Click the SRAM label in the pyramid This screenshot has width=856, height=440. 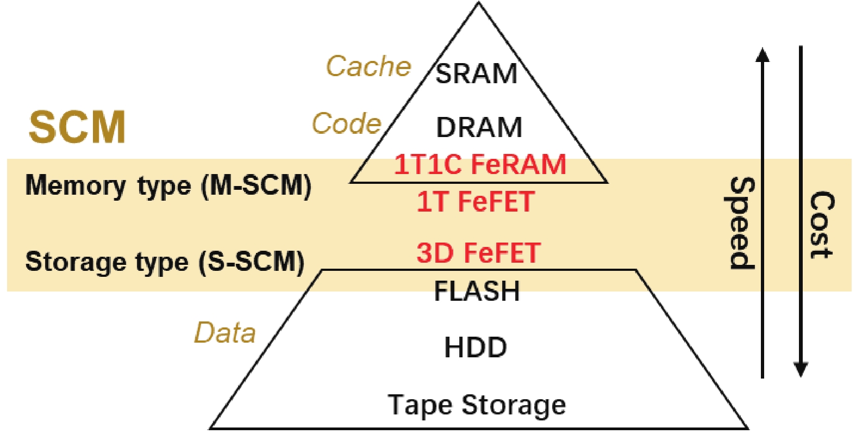pyautogui.click(x=476, y=73)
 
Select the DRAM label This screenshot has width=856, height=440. pyautogui.click(x=479, y=128)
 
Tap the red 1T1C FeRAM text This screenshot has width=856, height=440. pyautogui.click(x=480, y=164)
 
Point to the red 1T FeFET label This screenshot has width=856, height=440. pyautogui.click(x=476, y=202)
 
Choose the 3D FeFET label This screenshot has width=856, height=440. pyautogui.click(x=478, y=253)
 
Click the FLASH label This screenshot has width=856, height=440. pyautogui.click(x=477, y=291)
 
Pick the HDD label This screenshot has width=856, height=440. pyautogui.click(x=476, y=348)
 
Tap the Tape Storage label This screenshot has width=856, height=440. pyautogui.click(x=477, y=405)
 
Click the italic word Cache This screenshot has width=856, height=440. pyautogui.click(x=368, y=66)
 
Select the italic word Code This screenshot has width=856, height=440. pyautogui.click(x=346, y=124)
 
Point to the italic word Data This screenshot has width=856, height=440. pyautogui.click(x=225, y=333)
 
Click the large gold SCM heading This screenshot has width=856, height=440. pyautogui.click(x=77, y=127)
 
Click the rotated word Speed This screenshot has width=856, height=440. pyautogui.click(x=741, y=223)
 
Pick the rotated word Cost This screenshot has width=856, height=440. pyautogui.click(x=821, y=225)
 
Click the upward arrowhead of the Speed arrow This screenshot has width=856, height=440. pyautogui.click(x=763, y=54)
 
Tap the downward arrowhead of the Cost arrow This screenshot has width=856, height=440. pyautogui.click(x=801, y=370)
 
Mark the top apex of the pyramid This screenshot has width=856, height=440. pyautogui.click(x=478, y=4)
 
